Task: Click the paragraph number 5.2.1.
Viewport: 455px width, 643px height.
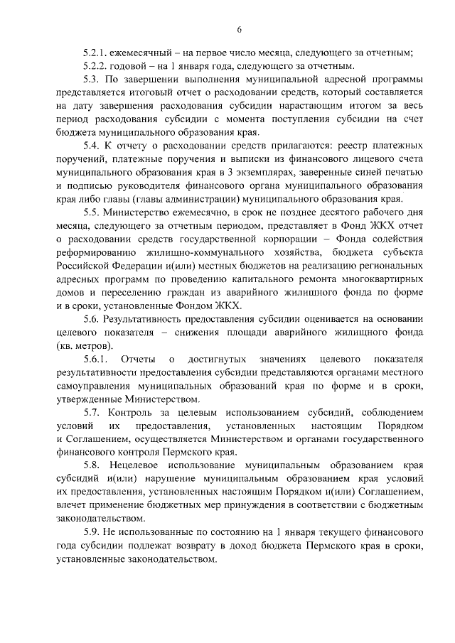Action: [x=96, y=53]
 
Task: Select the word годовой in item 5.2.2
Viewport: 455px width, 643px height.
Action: [x=132, y=66]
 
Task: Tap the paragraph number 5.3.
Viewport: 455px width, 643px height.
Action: [x=92, y=80]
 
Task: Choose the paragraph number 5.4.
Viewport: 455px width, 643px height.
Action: [x=92, y=146]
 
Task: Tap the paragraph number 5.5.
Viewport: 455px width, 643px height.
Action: [x=92, y=212]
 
